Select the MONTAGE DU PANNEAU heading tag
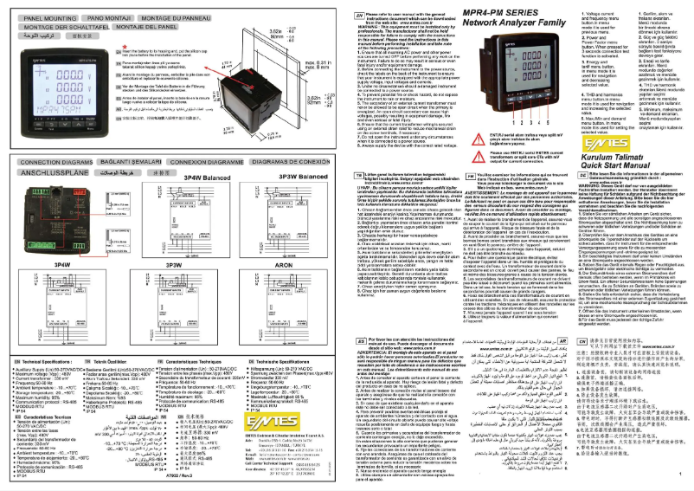point(171,16)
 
